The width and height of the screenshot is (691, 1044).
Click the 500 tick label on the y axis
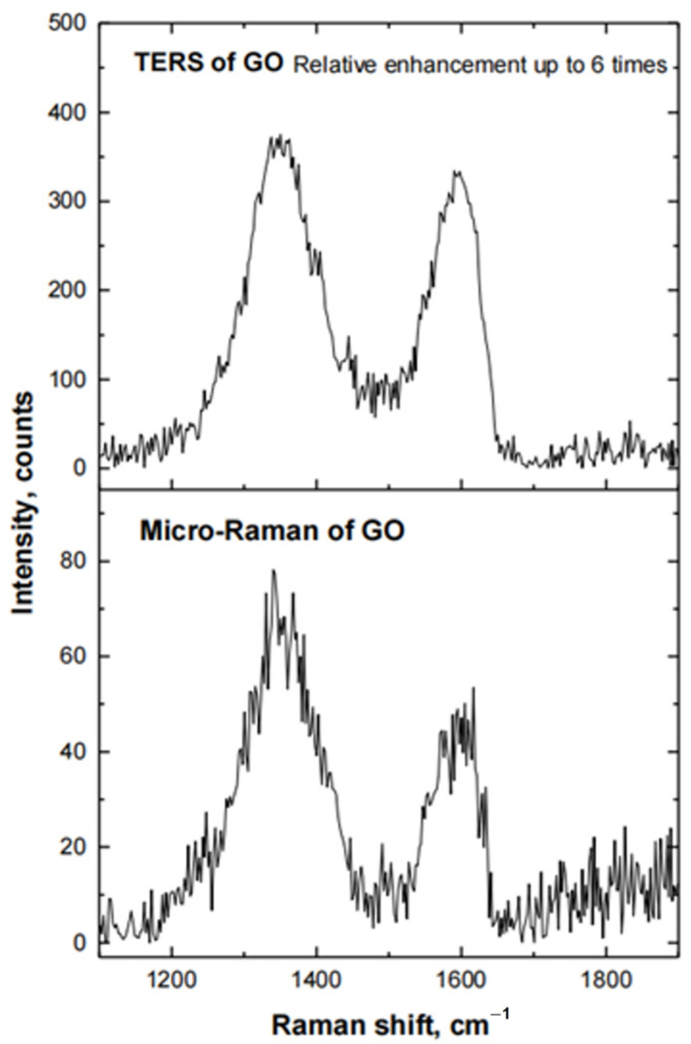tap(67, 23)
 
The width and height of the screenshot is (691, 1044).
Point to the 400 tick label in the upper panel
tap(67, 112)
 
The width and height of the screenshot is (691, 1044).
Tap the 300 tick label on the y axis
tap(67, 201)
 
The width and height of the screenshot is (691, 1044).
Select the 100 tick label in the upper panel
tap(67, 380)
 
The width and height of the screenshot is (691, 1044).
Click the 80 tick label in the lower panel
tap(73, 562)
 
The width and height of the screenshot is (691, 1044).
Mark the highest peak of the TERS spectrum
tap(280, 135)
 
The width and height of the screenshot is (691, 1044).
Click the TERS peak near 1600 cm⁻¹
tap(459, 172)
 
